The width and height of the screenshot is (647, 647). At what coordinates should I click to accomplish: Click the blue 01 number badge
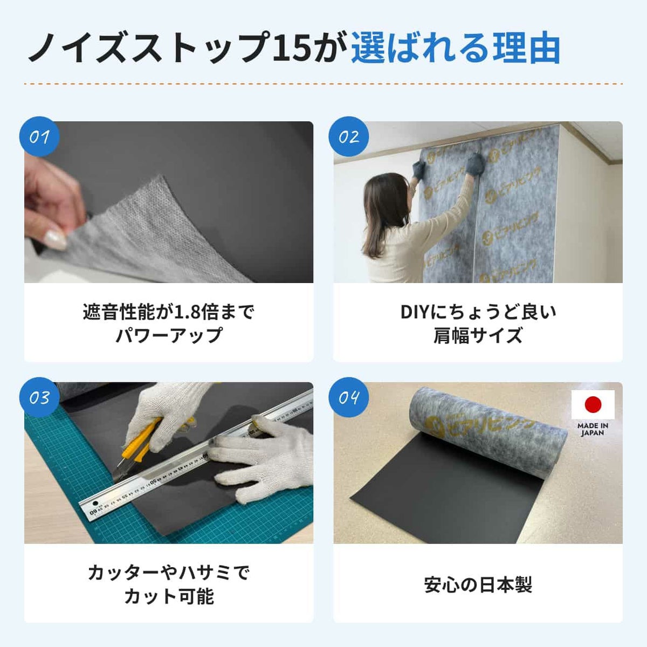pos(39,136)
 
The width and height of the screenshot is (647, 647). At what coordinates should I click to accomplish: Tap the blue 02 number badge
pos(348,136)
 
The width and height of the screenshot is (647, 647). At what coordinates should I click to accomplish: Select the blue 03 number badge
pos(39,397)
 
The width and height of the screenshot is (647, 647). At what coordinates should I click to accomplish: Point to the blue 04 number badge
pos(348,397)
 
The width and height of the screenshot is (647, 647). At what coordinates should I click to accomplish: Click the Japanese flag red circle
pos(593,404)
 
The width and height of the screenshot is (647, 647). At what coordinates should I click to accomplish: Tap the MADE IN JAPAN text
pos(593,429)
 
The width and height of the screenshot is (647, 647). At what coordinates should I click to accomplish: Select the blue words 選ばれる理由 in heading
pos(456,49)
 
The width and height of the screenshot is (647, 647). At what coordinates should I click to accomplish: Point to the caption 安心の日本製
pos(478,584)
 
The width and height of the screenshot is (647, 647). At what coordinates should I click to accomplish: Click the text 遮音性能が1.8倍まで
pos(168,312)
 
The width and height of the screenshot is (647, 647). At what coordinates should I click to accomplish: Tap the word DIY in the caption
pos(414,312)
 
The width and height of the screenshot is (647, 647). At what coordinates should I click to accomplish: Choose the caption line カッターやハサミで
pos(168,572)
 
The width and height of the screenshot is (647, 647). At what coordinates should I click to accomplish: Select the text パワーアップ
pos(168,335)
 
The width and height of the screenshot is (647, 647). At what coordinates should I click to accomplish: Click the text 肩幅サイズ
pos(478,335)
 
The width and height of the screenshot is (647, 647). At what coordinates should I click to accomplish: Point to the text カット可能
pos(168,596)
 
